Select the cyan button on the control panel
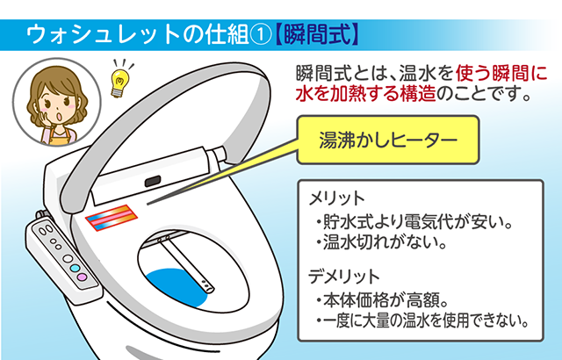click(76, 266)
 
